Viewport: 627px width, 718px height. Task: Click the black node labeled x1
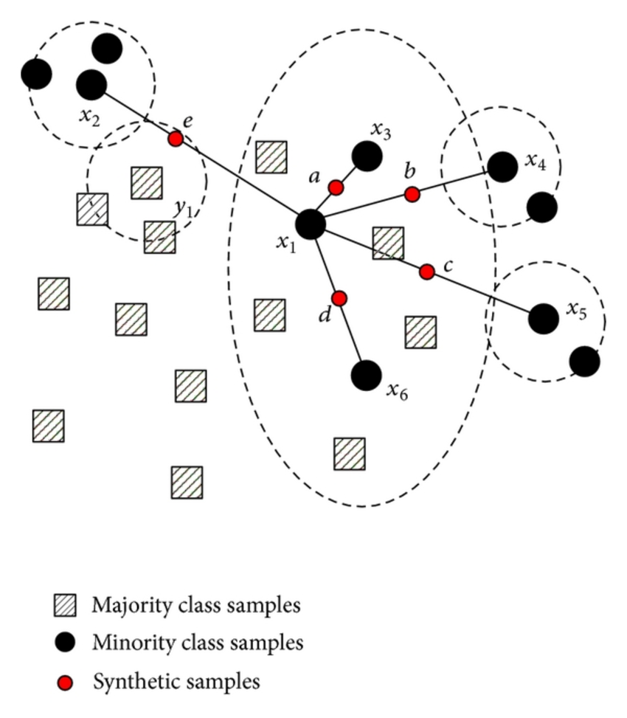(311, 224)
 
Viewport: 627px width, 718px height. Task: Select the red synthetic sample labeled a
(336, 188)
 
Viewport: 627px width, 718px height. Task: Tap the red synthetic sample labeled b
(412, 194)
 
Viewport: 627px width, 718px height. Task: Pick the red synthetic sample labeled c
(426, 272)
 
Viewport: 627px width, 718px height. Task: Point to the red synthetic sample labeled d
(339, 298)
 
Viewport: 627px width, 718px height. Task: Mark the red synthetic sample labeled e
(176, 139)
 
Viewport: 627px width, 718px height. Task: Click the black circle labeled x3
(367, 156)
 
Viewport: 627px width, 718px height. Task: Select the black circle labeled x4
(502, 167)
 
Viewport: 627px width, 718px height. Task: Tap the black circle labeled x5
(544, 318)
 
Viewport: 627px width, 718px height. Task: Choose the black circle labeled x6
(366, 376)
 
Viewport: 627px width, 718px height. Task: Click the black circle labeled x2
(91, 85)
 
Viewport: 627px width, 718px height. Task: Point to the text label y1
(183, 207)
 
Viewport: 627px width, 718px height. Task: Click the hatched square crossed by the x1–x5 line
(388, 243)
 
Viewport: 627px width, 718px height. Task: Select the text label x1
(285, 243)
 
